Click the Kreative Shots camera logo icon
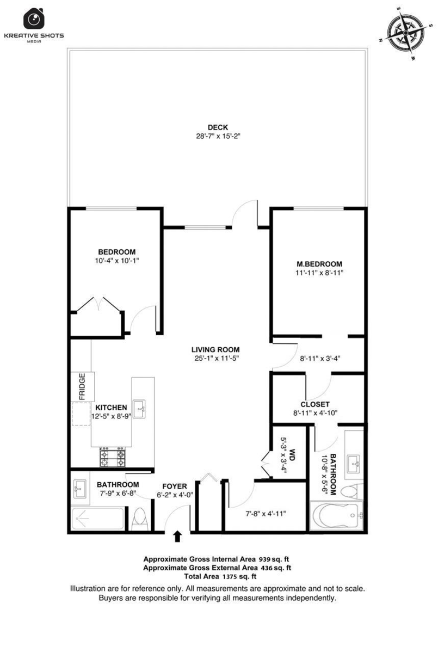(34, 19)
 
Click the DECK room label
(218, 127)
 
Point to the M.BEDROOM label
(319, 264)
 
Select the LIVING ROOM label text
(215, 349)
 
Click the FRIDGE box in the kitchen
(83, 386)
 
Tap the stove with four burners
(113, 457)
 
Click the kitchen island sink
(139, 409)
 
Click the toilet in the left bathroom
(140, 519)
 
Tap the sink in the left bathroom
(79, 489)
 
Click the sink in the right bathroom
(354, 465)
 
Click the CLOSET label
(315, 404)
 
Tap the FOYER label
(175, 486)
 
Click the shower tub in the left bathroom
(97, 519)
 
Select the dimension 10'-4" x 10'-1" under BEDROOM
(116, 261)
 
